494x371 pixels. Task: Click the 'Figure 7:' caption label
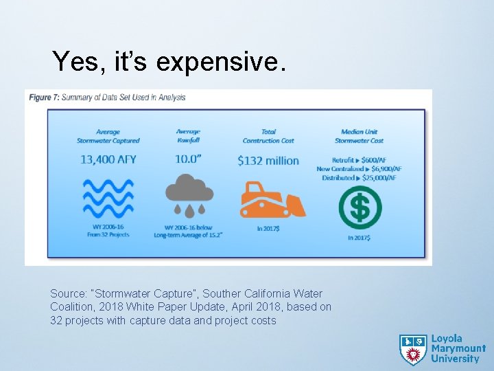tap(43, 98)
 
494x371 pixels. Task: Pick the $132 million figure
tap(268, 161)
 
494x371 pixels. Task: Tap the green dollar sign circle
tap(360, 207)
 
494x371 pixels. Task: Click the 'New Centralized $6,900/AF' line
tap(359, 169)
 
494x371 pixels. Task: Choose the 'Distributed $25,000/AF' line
tap(359, 178)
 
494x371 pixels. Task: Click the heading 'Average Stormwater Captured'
tap(108, 136)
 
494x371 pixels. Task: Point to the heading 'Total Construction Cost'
tap(268, 136)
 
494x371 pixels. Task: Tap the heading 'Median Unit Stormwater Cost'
tap(359, 136)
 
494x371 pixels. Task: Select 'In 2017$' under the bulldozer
tap(268, 229)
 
